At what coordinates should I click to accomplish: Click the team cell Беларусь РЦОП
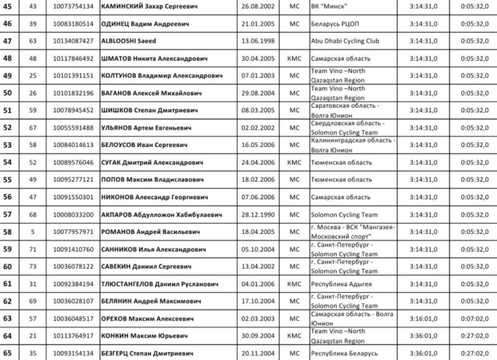pos(337,23)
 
